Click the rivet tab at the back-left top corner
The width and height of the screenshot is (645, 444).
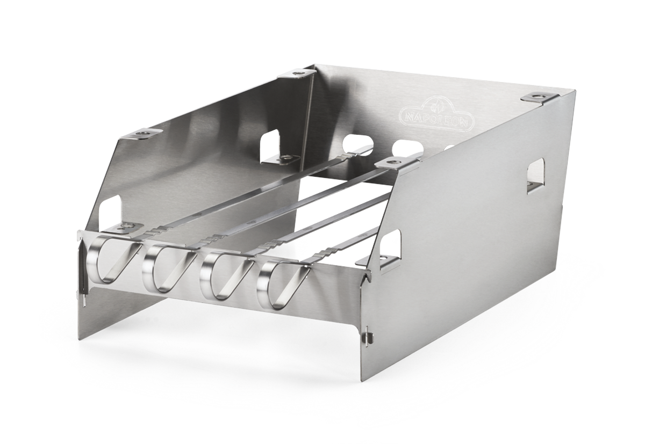point(297,74)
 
